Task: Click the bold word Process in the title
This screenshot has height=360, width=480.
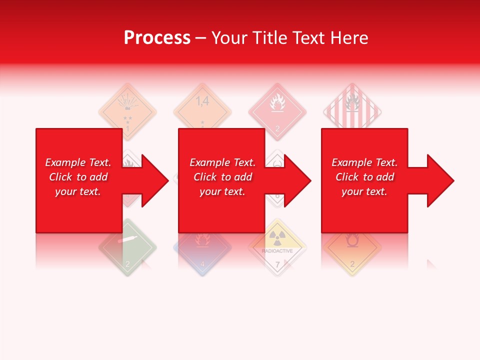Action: pyautogui.click(x=157, y=38)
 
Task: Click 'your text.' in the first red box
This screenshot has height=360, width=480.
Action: pyautogui.click(x=78, y=191)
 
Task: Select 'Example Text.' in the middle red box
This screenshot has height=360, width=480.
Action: pyautogui.click(x=222, y=162)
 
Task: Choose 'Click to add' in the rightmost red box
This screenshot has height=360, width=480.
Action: pyautogui.click(x=364, y=177)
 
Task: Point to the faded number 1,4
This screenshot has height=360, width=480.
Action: pyautogui.click(x=202, y=101)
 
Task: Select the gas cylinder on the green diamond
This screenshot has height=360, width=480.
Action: pyautogui.click(x=127, y=239)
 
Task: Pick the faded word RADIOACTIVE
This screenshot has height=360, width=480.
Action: pyautogui.click(x=277, y=251)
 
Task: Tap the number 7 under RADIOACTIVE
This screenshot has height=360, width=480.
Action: pyautogui.click(x=277, y=263)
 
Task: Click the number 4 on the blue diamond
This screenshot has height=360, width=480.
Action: pyautogui.click(x=202, y=263)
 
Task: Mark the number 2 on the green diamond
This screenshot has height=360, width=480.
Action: pyautogui.click(x=127, y=263)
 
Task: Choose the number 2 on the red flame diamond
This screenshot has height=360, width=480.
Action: pyautogui.click(x=277, y=128)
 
